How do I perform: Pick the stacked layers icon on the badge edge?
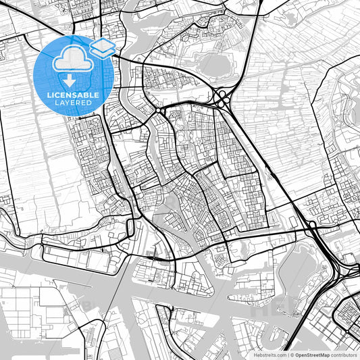103,48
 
